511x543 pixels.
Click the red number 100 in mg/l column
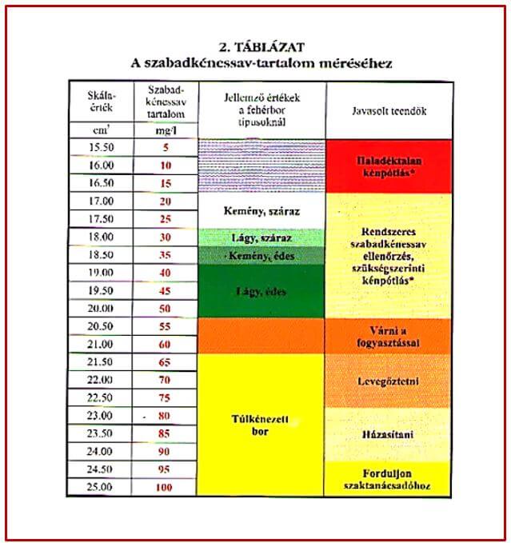click(165, 486)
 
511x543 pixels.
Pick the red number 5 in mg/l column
click(166, 146)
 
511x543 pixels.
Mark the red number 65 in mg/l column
click(166, 362)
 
